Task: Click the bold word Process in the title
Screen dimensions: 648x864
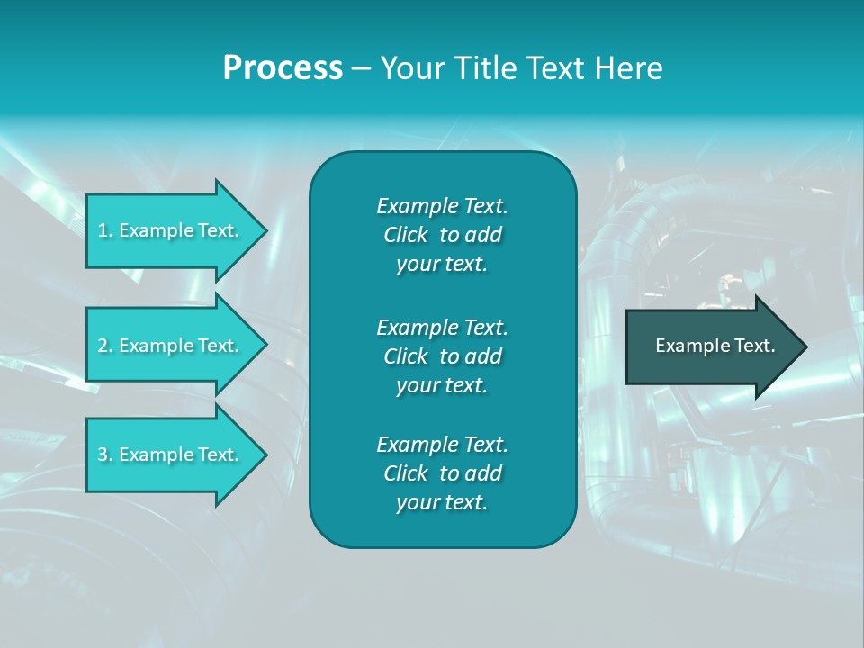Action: tap(283, 68)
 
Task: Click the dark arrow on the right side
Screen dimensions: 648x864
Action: tap(711, 346)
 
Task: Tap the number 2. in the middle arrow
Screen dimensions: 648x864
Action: tap(104, 346)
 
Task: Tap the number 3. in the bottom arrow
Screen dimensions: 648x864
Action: tap(104, 454)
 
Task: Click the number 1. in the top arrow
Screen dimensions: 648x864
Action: tap(104, 230)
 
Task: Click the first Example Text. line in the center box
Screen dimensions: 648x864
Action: tap(442, 206)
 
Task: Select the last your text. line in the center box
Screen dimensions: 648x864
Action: tap(442, 503)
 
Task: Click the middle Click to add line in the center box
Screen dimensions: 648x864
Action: tap(442, 356)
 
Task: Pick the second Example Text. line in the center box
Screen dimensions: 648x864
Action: tap(442, 327)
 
